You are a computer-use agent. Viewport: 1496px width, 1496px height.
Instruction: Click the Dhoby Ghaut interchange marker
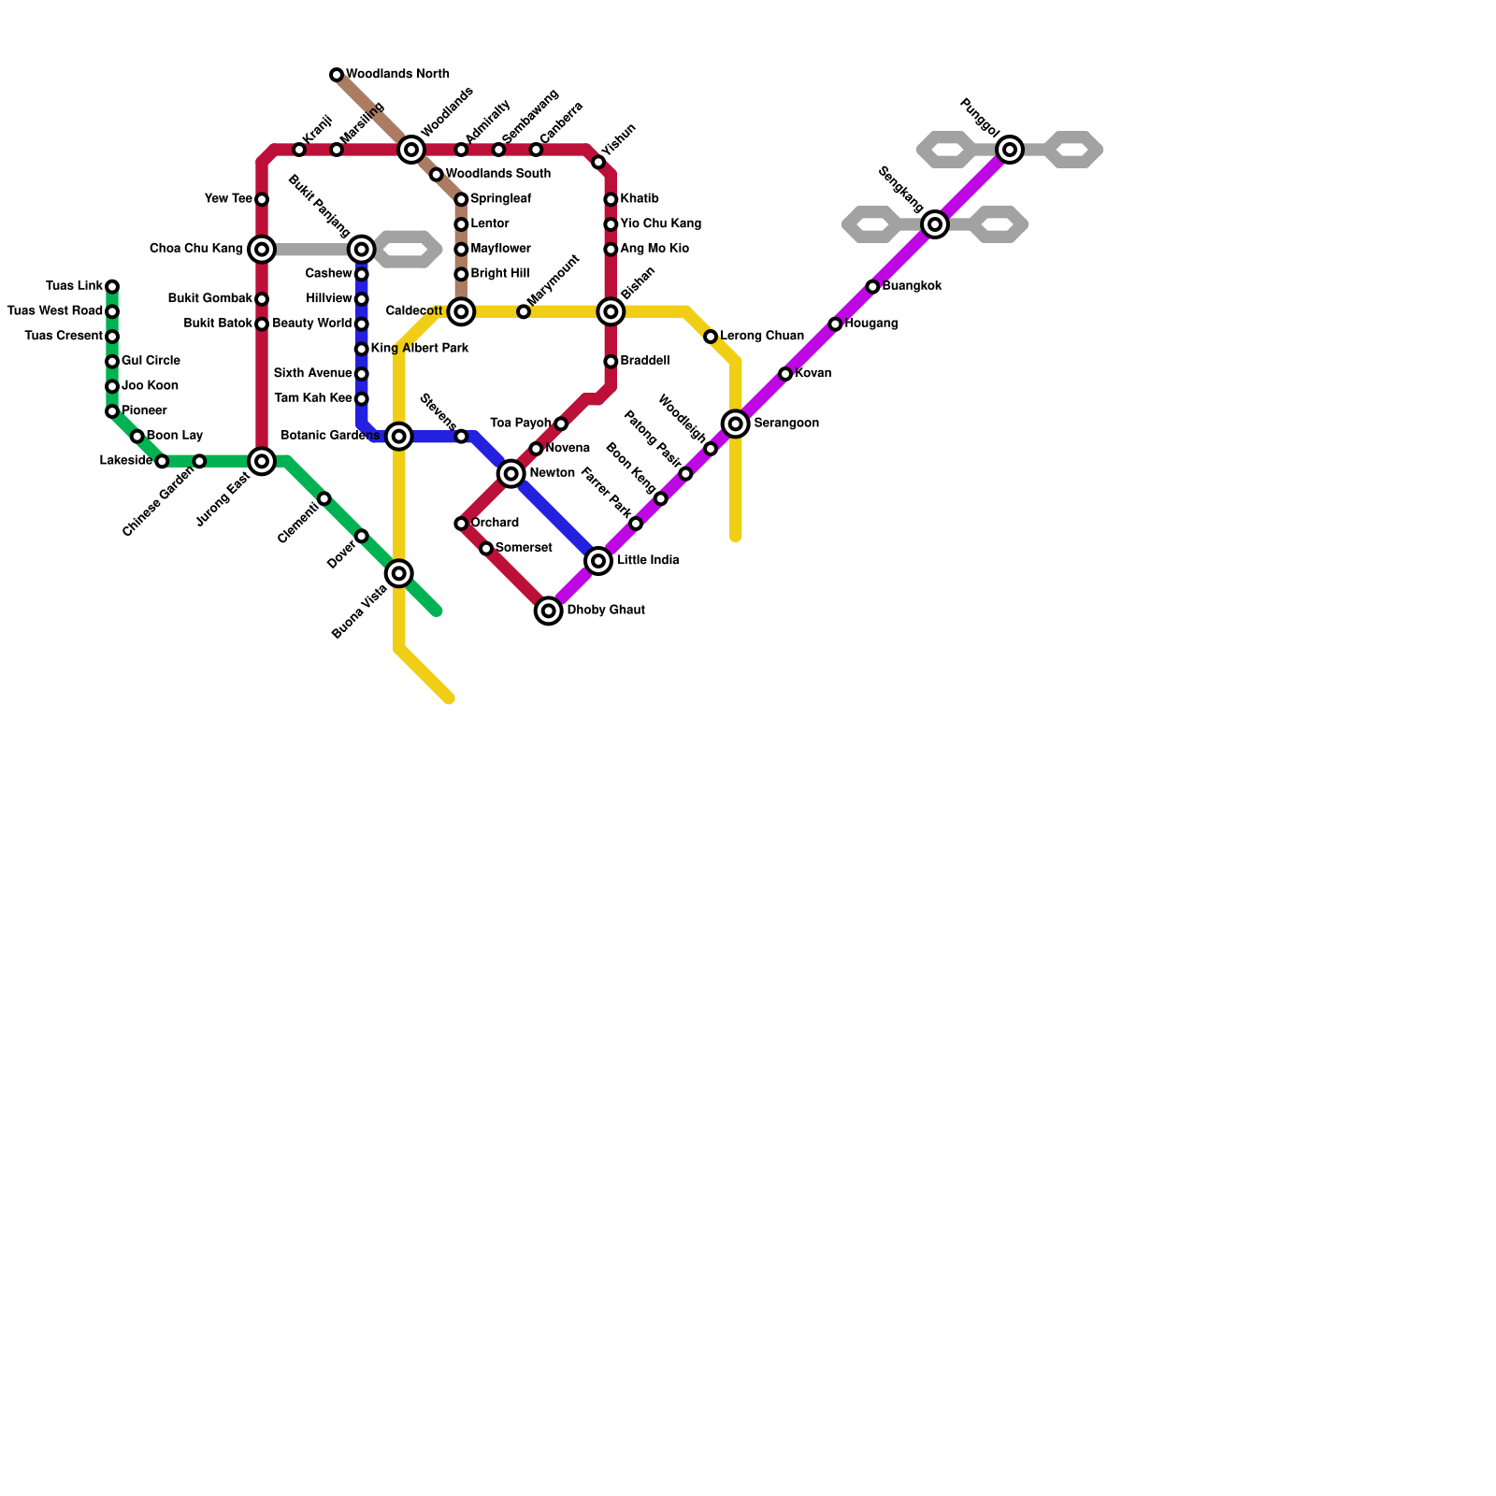549,611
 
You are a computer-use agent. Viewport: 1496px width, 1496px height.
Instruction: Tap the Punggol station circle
1010,150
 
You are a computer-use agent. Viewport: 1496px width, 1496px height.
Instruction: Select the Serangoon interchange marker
736,424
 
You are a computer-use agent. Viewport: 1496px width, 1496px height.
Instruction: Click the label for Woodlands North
397,75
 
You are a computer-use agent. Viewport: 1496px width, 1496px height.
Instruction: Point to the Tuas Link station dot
112,287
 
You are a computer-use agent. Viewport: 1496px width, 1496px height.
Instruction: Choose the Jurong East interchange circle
262,461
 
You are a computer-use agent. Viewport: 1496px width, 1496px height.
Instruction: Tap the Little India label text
648,561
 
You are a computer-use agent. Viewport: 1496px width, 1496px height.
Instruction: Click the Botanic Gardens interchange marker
399,437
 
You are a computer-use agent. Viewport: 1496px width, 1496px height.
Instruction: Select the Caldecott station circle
461,311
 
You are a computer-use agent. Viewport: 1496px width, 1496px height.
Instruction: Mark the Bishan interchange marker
611,311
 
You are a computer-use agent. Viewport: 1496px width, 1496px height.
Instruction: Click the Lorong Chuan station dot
711,337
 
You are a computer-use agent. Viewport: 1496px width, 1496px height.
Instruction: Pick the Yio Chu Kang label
660,224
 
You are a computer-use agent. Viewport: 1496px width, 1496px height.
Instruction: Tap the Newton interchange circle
511,474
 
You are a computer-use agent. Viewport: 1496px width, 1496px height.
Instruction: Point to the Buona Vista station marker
399,573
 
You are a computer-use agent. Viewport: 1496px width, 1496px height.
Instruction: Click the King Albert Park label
420,349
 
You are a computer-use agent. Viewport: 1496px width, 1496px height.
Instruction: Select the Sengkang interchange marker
935,224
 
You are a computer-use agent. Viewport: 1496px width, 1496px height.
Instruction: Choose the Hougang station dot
835,324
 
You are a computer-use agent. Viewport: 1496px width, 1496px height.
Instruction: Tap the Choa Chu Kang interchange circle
262,250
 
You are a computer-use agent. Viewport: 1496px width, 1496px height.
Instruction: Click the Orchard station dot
461,524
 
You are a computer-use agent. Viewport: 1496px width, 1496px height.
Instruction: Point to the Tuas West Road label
54,311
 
